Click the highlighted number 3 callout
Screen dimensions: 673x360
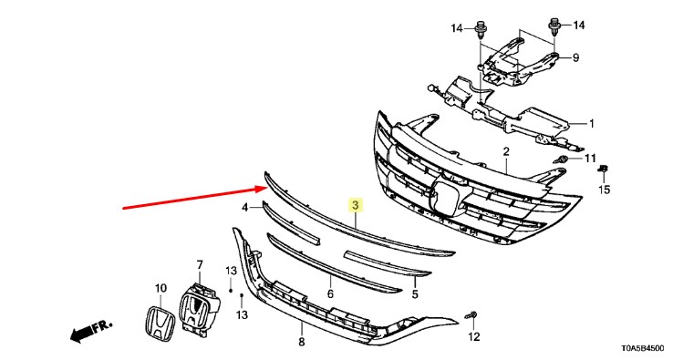(355, 206)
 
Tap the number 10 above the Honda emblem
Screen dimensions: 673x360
(160, 288)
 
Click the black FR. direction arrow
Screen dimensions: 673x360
(91, 330)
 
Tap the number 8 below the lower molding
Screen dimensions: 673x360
(301, 342)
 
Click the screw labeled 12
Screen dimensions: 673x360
(471, 316)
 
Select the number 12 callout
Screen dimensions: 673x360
(474, 337)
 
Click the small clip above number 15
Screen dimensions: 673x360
(604, 169)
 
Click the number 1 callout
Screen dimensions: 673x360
(592, 124)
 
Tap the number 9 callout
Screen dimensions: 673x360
(575, 57)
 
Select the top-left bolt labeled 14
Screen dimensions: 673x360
(480, 30)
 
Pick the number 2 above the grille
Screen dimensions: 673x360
(506, 151)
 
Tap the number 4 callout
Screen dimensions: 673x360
(245, 208)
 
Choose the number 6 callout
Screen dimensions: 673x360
(330, 293)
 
